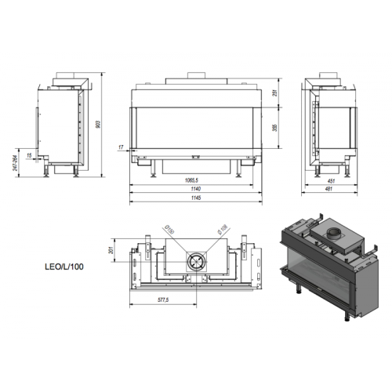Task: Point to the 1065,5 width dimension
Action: [x=186, y=180]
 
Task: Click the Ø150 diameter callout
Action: [x=169, y=230]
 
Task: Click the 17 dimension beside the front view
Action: [x=122, y=147]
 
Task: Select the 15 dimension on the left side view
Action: [x=29, y=155]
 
